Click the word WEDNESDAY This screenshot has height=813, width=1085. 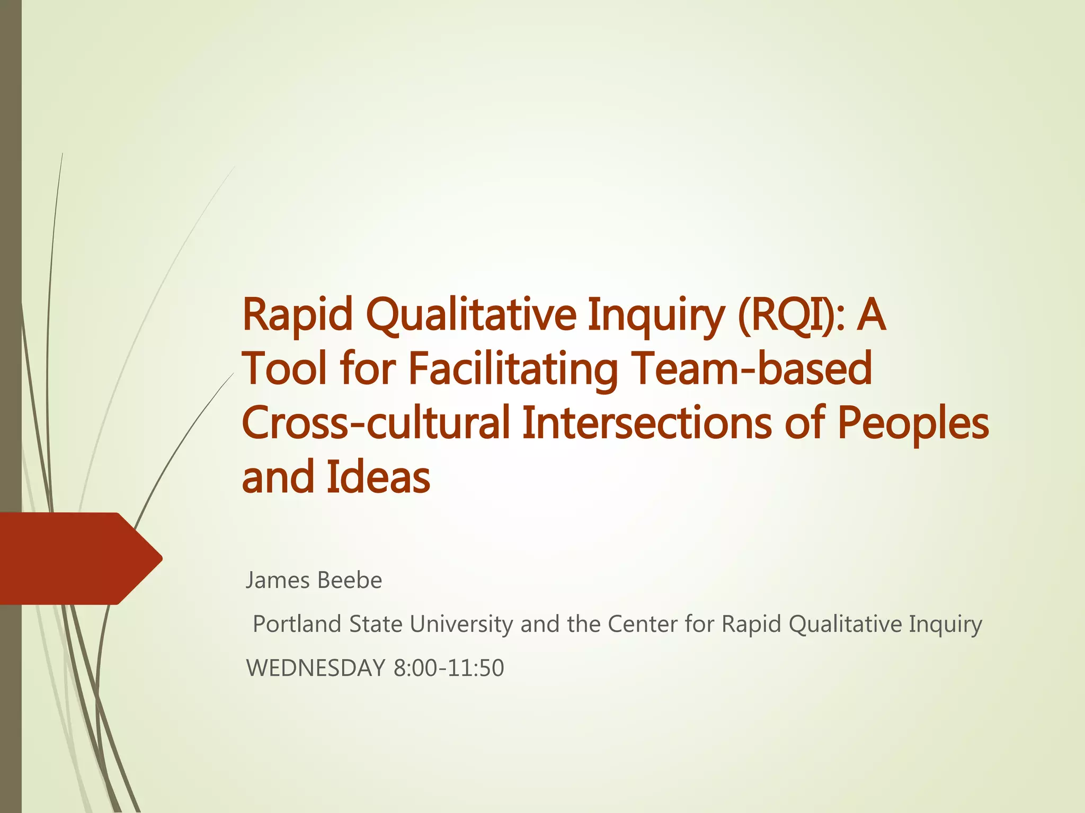click(x=316, y=668)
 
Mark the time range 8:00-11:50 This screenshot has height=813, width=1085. click(x=449, y=668)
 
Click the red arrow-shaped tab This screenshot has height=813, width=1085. click(x=79, y=558)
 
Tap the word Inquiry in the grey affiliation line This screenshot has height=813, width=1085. click(x=945, y=625)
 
